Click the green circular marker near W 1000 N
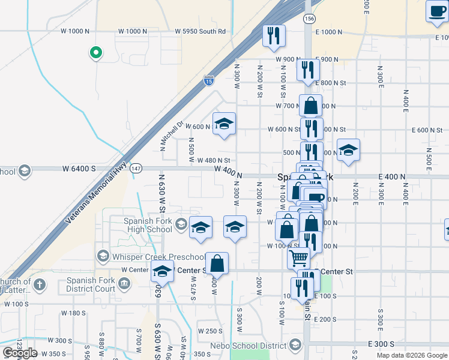[95, 53]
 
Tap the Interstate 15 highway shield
[208, 79]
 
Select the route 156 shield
[309, 19]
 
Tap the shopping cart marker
[298, 259]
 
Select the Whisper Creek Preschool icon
[103, 257]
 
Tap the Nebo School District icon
[295, 345]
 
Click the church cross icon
[39, 284]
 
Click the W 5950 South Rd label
[200, 31]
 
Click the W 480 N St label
[214, 160]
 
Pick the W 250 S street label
[210, 331]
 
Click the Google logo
[20, 353]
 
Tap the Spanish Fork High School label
[148, 225]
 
